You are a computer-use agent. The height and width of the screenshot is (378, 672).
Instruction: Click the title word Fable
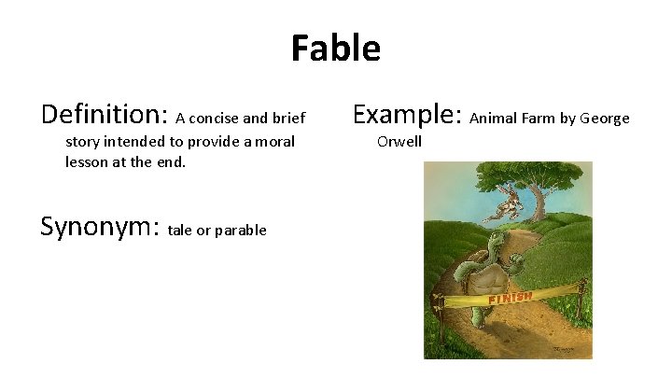tap(335, 48)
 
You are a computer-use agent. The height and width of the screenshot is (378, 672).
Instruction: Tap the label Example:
tap(408, 115)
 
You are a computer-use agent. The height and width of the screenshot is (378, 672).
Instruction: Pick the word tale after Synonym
tap(182, 231)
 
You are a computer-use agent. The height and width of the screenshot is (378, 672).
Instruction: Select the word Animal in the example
tap(492, 119)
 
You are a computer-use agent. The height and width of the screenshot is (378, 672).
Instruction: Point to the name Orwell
tap(399, 142)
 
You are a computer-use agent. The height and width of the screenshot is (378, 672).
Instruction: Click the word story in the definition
tap(84, 142)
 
